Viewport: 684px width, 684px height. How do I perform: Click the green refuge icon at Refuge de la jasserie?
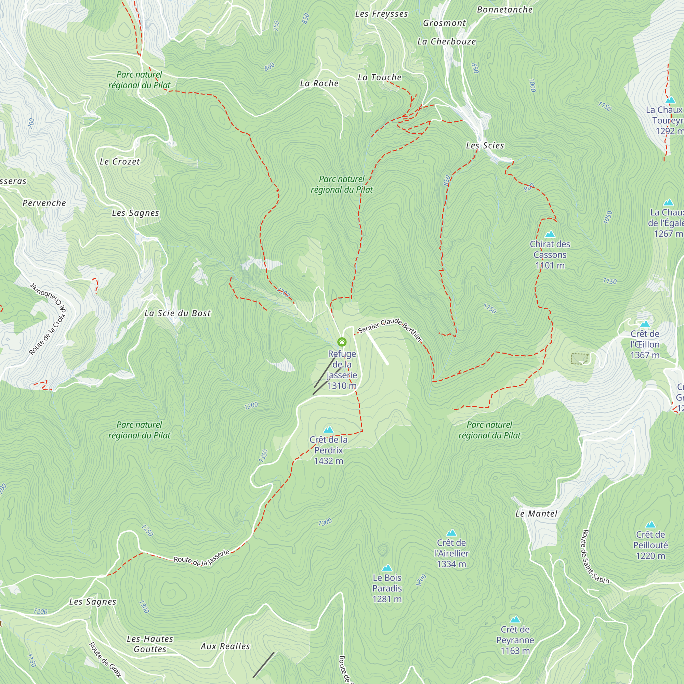[x=342, y=342]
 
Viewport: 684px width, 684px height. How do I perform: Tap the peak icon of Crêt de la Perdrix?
[x=329, y=430]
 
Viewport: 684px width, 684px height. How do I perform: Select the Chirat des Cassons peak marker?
[x=550, y=234]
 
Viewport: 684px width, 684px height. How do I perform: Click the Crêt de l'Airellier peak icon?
[x=451, y=532]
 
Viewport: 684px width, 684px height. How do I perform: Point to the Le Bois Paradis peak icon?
[x=387, y=567]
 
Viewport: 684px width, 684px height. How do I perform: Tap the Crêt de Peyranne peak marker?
[x=515, y=619]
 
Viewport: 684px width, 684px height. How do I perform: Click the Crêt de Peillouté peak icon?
[x=650, y=524]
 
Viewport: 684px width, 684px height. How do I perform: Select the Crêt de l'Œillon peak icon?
[x=645, y=324]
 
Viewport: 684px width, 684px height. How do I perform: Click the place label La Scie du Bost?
[x=177, y=313]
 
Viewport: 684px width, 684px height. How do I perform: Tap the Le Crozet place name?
[x=120, y=162]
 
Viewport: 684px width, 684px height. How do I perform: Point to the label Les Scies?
[x=485, y=145]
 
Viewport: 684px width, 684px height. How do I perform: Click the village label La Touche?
[x=380, y=78]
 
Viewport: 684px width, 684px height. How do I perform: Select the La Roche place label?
[x=319, y=83]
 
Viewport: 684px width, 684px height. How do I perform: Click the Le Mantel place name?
[x=536, y=514]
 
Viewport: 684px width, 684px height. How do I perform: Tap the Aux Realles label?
[x=225, y=646]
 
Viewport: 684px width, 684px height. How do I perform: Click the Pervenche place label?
[x=44, y=203]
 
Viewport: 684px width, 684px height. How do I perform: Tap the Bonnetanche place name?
[x=504, y=10]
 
